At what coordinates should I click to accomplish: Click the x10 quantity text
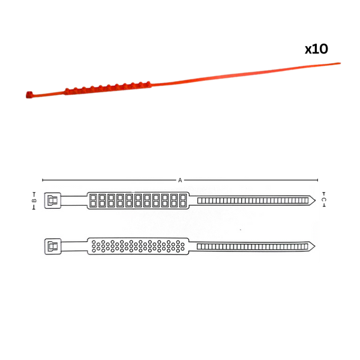coord(316,49)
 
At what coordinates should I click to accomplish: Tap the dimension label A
coord(180,180)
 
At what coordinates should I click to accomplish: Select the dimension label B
coord(34,200)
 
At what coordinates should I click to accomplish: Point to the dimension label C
coord(324,200)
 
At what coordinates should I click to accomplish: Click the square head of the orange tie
coord(29,95)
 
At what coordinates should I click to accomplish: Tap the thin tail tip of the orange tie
coord(340,64)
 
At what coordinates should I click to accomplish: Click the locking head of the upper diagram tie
coord(53,200)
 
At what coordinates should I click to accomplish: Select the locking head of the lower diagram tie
coord(53,247)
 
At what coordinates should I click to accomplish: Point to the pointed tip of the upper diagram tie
coord(315,200)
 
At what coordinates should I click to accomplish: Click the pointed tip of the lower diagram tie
coord(315,247)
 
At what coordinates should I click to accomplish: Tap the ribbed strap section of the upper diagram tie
coord(253,200)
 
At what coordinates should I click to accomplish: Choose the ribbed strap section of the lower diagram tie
coord(253,247)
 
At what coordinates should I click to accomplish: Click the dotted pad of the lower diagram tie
coord(138,246)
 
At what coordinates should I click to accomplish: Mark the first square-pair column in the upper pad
coord(93,200)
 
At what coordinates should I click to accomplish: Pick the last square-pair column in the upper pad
coord(183,200)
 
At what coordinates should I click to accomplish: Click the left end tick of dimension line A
coord(43,180)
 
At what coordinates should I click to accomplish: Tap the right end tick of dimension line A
coord(318,180)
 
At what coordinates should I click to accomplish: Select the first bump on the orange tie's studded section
coord(67,90)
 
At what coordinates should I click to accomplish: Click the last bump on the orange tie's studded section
coord(148,83)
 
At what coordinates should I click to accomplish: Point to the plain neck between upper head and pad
coord(74,200)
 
